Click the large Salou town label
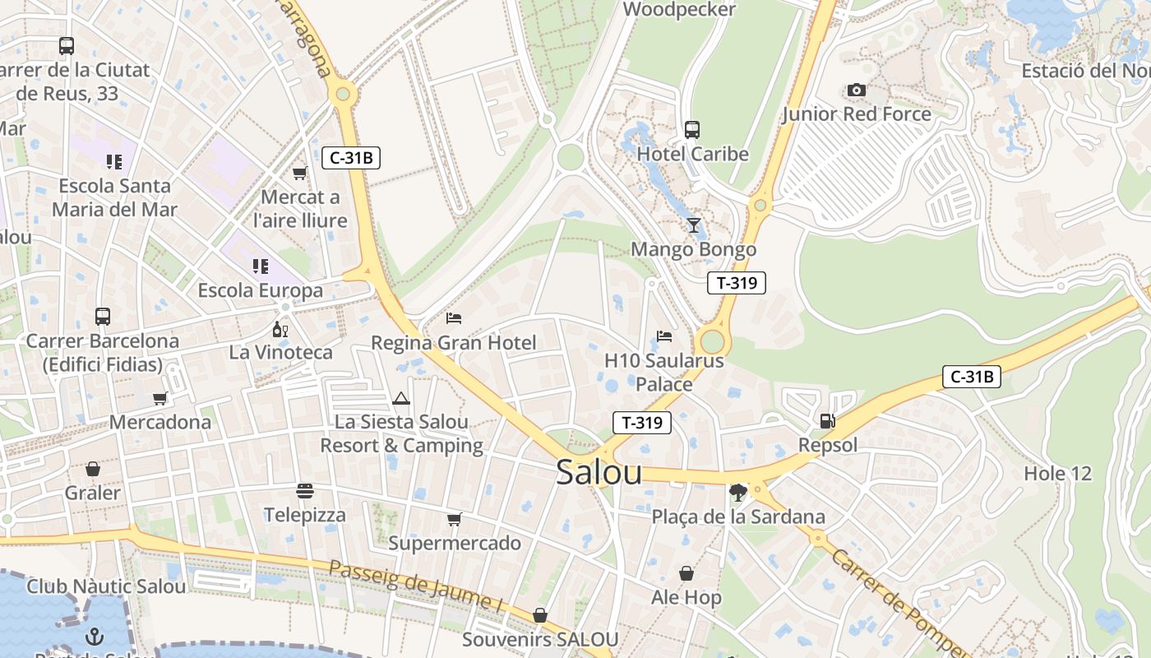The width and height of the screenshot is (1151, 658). coord(599,472)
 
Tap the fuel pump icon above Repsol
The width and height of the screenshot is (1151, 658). coord(827,421)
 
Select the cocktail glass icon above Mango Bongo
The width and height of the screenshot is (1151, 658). coord(693,225)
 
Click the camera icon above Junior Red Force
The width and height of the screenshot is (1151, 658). coord(856,90)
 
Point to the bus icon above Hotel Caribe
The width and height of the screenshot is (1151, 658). coord(692,129)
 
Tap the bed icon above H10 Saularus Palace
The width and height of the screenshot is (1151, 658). coord(663,336)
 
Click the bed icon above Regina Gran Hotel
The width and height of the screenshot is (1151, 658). coord(453,317)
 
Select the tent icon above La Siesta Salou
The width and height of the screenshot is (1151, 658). coord(401,398)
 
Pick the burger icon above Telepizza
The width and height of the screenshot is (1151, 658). coord(305,491)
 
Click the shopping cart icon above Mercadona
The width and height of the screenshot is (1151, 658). coord(159,398)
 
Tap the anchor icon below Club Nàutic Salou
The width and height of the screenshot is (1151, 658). coord(95,636)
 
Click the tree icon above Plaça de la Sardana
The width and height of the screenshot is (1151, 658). coord(737,493)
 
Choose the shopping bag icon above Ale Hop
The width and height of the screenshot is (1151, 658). coord(686,573)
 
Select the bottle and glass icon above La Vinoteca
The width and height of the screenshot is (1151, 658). coord(280,329)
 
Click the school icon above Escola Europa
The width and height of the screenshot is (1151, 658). coord(260,266)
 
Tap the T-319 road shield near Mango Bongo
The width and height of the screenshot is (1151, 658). coord(736,283)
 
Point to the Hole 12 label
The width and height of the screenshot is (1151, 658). coord(1057,473)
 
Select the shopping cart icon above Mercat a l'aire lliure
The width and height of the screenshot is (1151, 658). coord(299,173)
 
